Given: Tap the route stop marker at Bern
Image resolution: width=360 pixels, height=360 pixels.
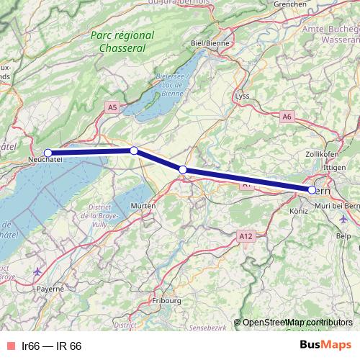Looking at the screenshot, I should coord(312,190).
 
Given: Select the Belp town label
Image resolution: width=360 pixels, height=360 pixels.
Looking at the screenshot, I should coord(343,235).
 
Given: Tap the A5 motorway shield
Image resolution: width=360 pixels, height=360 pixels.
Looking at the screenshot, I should coord(112,107).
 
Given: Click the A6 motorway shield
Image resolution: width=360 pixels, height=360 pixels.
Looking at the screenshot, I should coord(287,116).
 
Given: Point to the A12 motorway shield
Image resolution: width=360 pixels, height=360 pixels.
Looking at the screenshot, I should coord(246,235).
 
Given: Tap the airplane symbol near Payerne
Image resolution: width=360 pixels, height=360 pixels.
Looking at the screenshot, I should coord(37,271).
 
